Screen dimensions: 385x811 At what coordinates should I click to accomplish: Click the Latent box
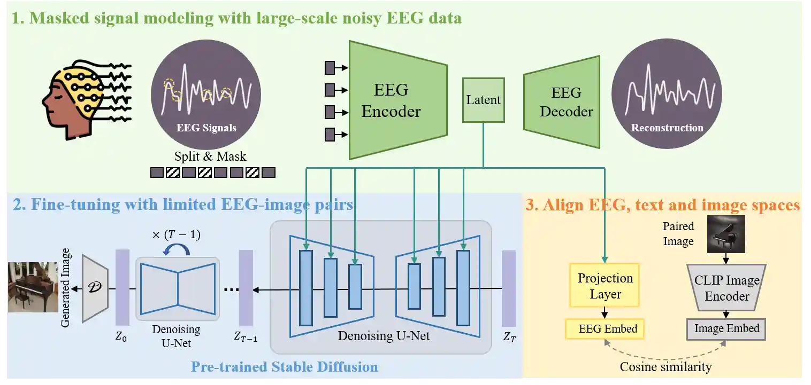coord(483,100)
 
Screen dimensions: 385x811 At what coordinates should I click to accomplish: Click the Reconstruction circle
coord(667,95)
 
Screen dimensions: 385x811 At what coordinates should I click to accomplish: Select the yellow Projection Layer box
coord(605,285)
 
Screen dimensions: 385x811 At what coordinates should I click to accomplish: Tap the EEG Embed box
coord(605,329)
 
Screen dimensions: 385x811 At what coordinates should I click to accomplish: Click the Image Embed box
coord(726,329)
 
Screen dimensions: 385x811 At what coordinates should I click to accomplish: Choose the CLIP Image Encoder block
coord(726,288)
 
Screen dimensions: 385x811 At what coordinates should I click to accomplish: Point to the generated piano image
coord(32,287)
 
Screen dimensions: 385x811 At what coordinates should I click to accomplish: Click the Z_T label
coord(509,337)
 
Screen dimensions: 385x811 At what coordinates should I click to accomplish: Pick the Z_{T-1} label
coord(246,337)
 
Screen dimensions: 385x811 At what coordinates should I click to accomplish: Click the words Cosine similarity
coord(665,367)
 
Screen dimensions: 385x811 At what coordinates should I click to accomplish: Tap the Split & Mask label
coord(210,156)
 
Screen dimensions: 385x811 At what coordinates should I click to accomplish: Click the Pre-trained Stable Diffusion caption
coord(284,367)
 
